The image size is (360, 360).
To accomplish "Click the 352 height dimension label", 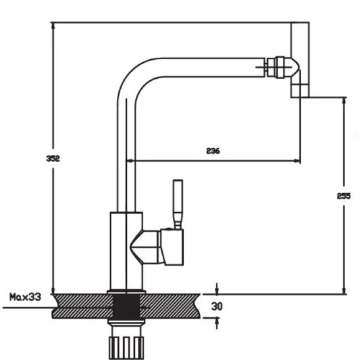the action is pyautogui.click(x=53, y=158).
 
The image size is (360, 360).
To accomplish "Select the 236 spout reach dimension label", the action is pyautogui.click(x=213, y=151).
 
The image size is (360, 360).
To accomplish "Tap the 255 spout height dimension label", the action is pyautogui.click(x=344, y=196).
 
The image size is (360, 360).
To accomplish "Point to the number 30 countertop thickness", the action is pyautogui.click(x=217, y=306).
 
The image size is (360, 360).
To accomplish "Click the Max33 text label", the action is pyautogui.click(x=25, y=297).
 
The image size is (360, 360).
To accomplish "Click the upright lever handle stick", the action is pyautogui.click(x=178, y=204).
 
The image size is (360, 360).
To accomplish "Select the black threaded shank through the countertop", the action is pyautogui.click(x=126, y=307).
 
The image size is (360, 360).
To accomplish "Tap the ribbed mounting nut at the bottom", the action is pyautogui.click(x=126, y=348).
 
